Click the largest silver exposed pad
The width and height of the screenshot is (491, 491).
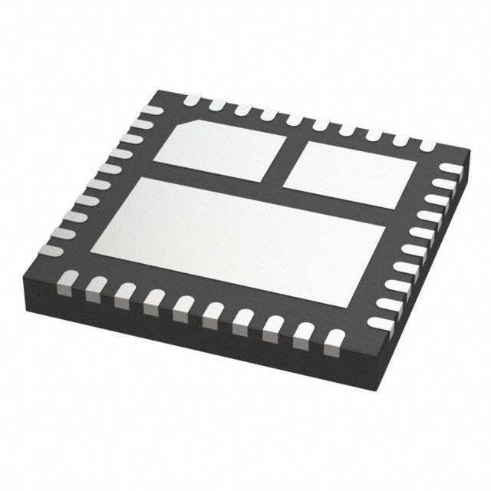click(238, 238)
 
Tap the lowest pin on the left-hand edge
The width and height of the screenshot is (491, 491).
click(51, 251)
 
